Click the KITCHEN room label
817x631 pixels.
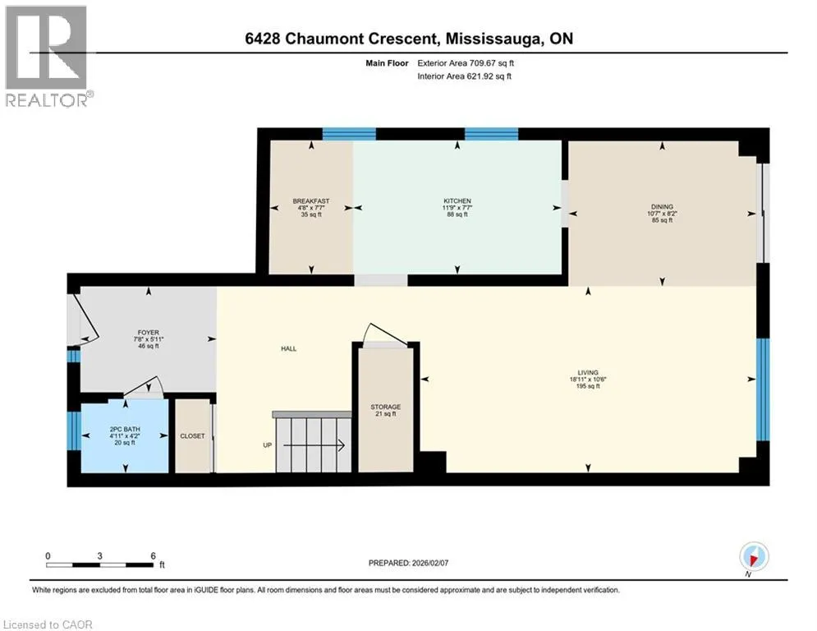(x=457, y=200)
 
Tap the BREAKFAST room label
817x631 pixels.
(x=311, y=200)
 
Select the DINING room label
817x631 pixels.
(x=662, y=206)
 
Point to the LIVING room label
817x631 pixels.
(x=588, y=372)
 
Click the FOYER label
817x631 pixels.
(x=149, y=332)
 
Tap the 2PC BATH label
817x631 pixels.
(x=125, y=429)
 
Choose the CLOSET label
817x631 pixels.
(x=192, y=436)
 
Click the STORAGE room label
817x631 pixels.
(x=386, y=407)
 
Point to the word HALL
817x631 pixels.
(x=289, y=348)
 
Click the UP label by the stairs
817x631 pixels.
(x=268, y=445)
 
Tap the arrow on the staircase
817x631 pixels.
(x=314, y=445)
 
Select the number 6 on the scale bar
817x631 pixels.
(x=154, y=556)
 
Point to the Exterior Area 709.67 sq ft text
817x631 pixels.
(x=466, y=63)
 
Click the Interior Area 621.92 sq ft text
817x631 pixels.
(x=464, y=76)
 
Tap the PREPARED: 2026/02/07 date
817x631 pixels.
(x=409, y=563)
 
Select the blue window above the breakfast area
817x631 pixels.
(x=349, y=134)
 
